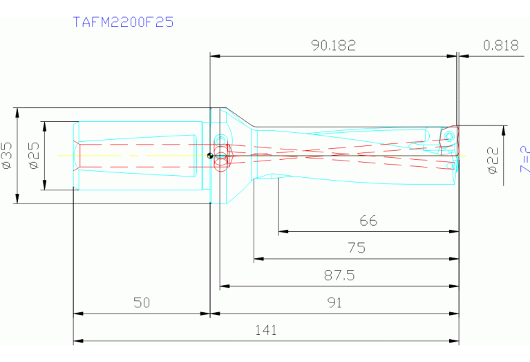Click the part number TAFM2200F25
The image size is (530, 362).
click(x=123, y=22)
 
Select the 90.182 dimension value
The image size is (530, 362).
click(x=333, y=46)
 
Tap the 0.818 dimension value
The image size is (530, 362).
click(x=501, y=46)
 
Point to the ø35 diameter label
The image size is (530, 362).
click(x=8, y=156)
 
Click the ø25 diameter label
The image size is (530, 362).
click(x=34, y=156)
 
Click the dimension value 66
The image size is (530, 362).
click(x=368, y=221)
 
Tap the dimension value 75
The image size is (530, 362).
click(x=357, y=248)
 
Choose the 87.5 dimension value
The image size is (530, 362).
click(x=339, y=275)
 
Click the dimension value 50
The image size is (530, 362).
click(x=142, y=303)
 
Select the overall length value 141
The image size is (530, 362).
click(x=265, y=331)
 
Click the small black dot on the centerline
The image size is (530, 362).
click(x=210, y=155)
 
